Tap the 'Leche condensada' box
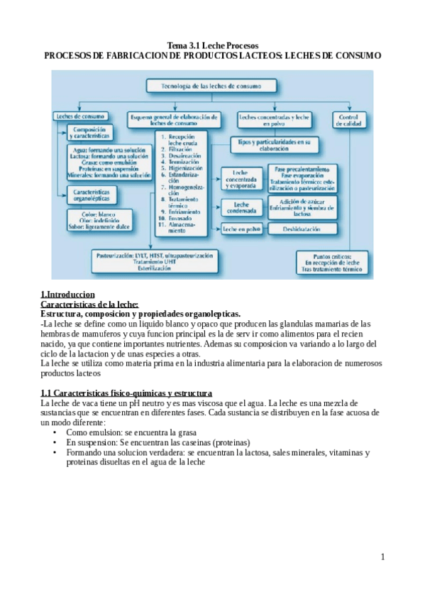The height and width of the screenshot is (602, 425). point(239,207)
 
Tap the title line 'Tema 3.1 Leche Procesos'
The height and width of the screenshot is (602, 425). point(212,45)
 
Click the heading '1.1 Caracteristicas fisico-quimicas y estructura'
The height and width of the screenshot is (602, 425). point(126,393)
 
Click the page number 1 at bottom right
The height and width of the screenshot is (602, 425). point(382,557)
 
